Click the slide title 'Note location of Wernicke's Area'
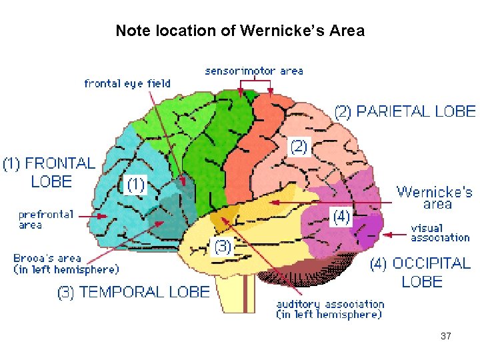(x=240, y=31)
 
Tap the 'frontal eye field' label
(x=127, y=83)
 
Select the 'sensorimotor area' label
(x=254, y=70)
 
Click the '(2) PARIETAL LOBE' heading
(x=405, y=111)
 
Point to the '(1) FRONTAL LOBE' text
(x=50, y=171)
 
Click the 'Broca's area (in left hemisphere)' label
(x=66, y=263)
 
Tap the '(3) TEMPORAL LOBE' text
(x=134, y=291)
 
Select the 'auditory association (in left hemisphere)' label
(x=330, y=309)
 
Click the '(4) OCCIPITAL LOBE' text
(x=421, y=272)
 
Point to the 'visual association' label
(x=440, y=233)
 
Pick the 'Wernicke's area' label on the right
(x=435, y=198)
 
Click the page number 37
(x=446, y=336)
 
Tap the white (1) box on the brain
(x=136, y=184)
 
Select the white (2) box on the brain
(x=298, y=147)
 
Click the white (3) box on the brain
(x=223, y=247)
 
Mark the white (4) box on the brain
(x=341, y=217)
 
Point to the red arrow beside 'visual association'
(x=397, y=234)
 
